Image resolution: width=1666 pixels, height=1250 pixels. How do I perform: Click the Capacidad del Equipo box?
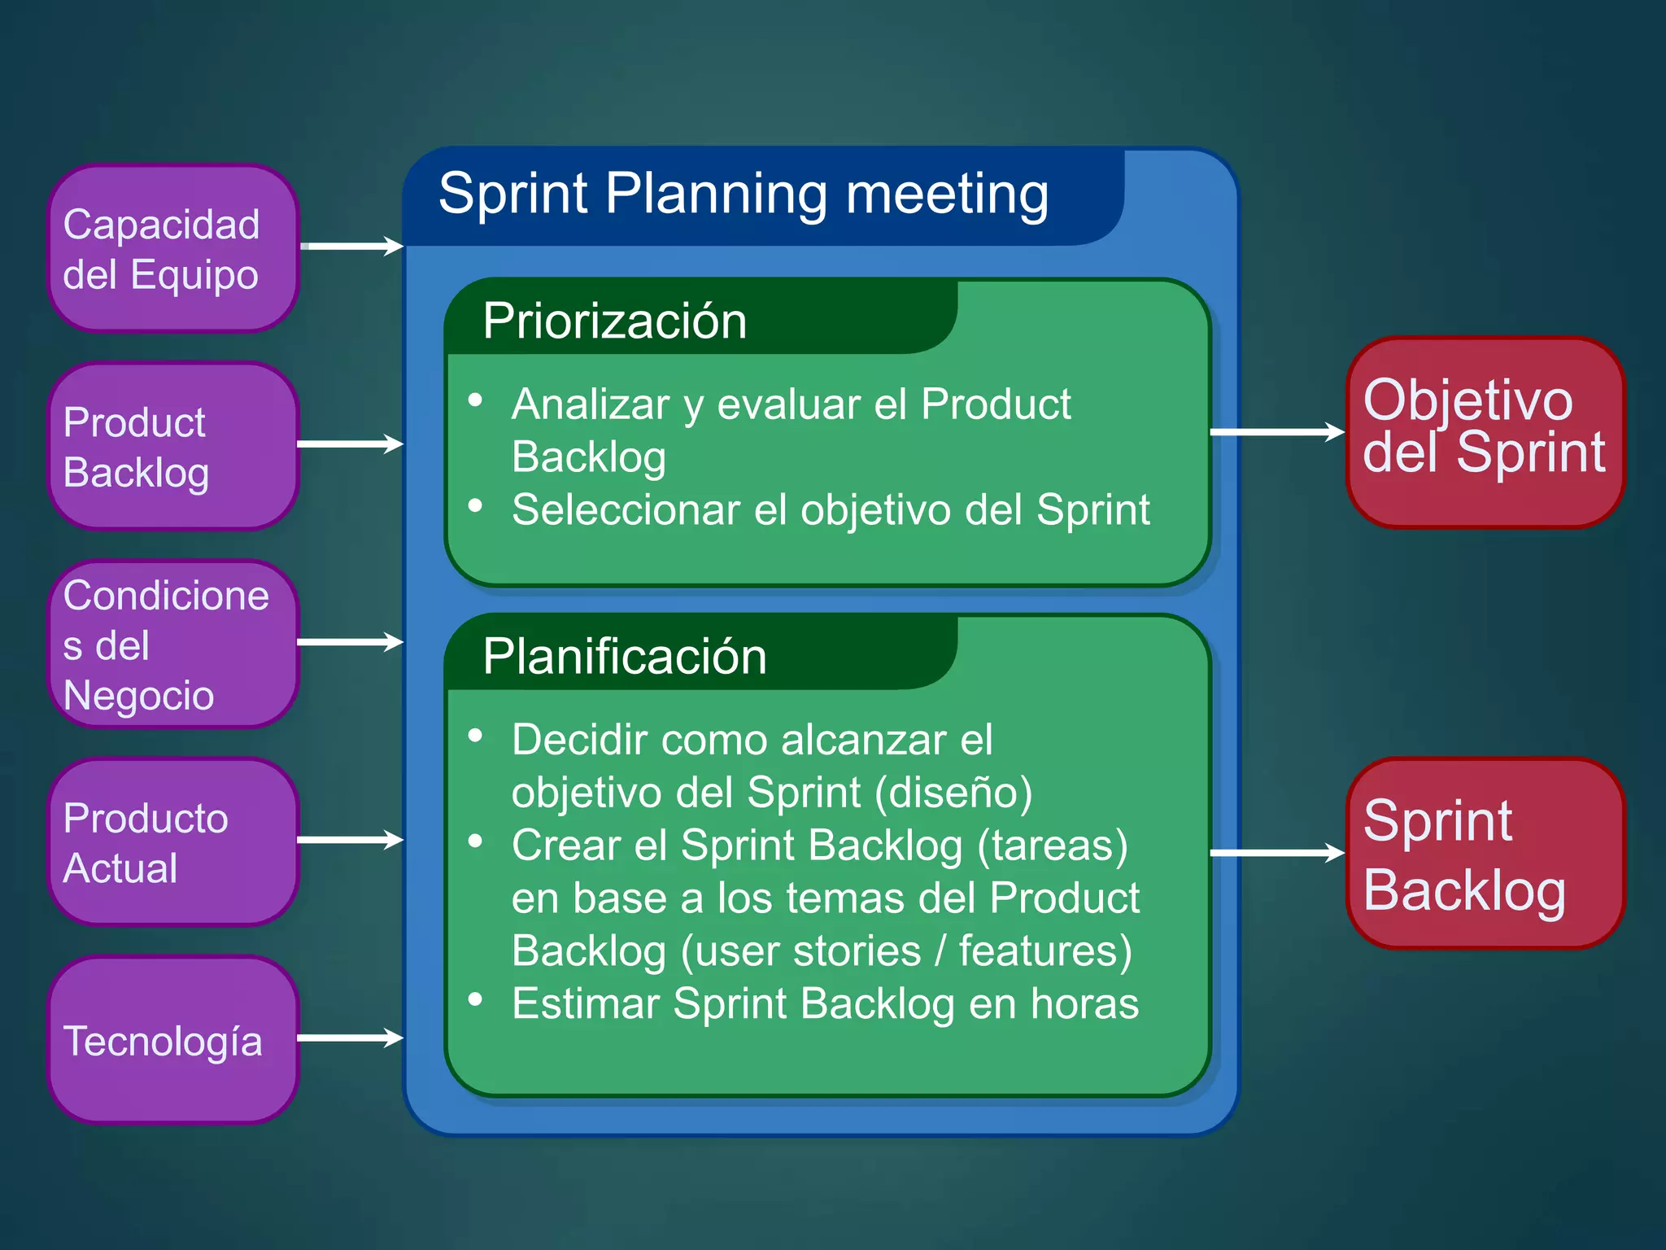172,248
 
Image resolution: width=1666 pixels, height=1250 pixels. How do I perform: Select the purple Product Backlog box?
172,446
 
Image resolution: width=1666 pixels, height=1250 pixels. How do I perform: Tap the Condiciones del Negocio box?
172,644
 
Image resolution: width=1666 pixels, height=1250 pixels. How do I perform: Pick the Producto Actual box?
172,841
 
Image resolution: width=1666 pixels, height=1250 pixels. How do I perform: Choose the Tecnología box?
172,1040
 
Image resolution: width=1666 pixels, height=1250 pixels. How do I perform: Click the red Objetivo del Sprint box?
1484,431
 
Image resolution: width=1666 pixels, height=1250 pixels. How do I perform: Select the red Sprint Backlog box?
1484,853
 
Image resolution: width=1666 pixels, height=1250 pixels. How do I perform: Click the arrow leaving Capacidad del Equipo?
351,246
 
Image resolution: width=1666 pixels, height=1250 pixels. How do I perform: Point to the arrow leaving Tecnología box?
350,1038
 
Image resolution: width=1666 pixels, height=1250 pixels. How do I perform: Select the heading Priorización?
614,321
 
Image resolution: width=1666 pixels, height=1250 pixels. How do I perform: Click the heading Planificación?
624,657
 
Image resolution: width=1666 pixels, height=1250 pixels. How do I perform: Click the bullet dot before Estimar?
476,999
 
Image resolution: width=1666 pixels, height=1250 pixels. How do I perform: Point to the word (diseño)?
953,793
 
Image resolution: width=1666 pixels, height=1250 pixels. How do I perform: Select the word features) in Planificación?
1045,951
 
